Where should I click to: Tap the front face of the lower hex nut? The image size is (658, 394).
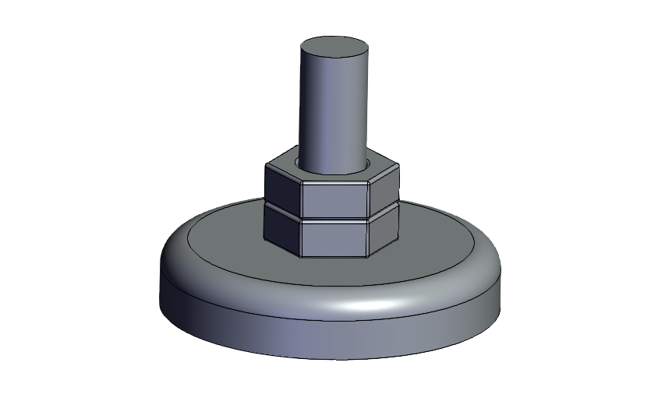pos(335,238)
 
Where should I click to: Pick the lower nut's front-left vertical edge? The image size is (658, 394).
pos(301,238)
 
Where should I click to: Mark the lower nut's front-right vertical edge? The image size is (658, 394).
pos(370,238)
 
